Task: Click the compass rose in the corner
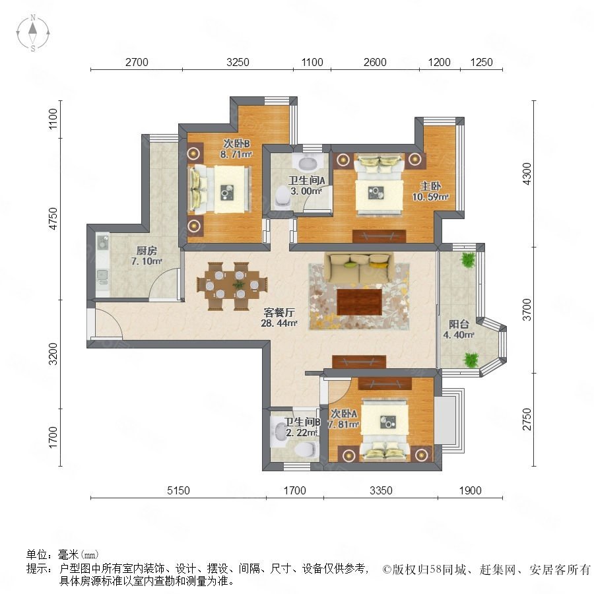click(x=33, y=33)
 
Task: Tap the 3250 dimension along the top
click(x=238, y=62)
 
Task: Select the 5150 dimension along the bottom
click(x=178, y=490)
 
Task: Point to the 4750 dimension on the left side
click(x=53, y=218)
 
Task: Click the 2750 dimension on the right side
click(x=527, y=419)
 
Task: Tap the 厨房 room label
click(x=147, y=250)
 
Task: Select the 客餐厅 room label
click(x=279, y=313)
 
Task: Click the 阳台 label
click(x=459, y=324)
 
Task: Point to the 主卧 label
click(x=431, y=186)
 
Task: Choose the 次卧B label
click(x=236, y=144)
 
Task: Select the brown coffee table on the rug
click(x=359, y=302)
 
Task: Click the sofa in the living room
click(x=358, y=267)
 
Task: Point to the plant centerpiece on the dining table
click(x=238, y=284)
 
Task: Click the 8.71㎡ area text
click(x=236, y=154)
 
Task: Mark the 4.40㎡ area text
click(x=459, y=335)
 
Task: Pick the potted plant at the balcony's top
click(x=468, y=260)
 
